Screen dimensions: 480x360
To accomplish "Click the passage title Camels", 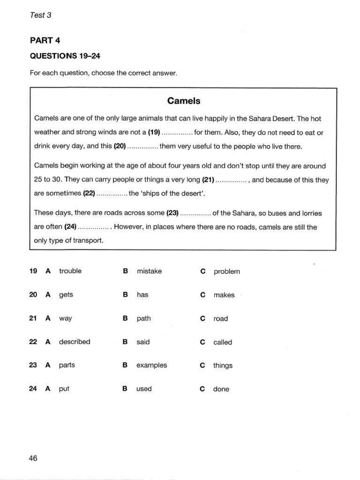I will [184, 101].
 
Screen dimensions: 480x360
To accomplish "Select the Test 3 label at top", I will [40, 15].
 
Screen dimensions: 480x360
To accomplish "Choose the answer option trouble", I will [70, 271].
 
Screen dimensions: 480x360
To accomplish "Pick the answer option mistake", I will [149, 271].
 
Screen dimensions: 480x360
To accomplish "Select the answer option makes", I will [224, 295].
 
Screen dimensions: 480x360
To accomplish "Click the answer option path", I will [143, 319].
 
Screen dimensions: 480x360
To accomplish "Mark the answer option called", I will [223, 342].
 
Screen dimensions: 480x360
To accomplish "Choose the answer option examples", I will [151, 365].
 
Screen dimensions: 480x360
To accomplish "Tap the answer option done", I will [221, 389].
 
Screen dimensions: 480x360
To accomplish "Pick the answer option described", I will [75, 342].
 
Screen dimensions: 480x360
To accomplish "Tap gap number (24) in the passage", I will [67, 227].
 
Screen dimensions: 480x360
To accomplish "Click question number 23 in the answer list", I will [33, 365].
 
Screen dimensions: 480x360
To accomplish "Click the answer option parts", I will [67, 365].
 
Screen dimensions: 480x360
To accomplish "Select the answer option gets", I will [66, 295].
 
